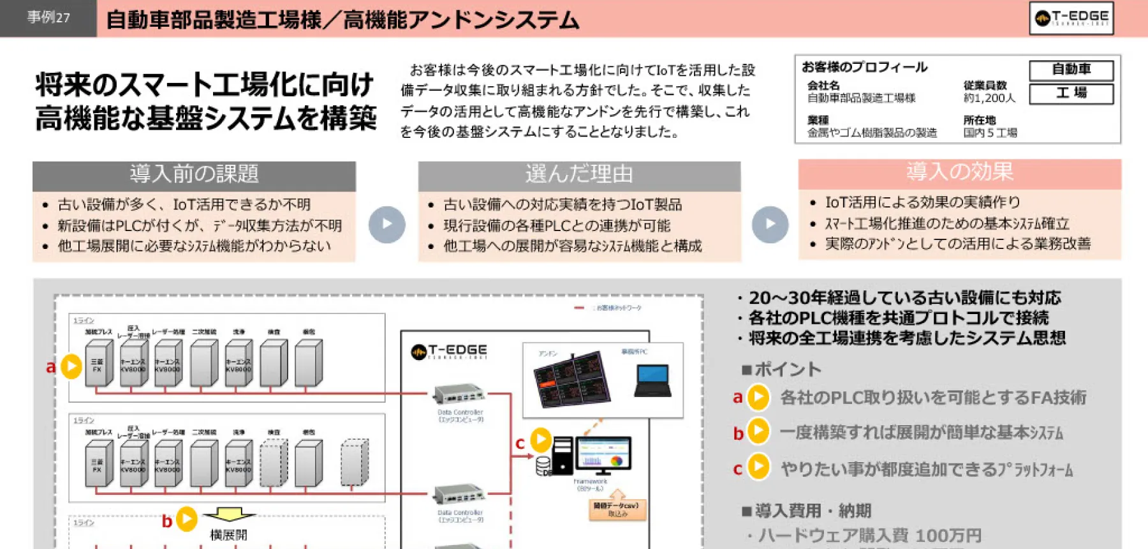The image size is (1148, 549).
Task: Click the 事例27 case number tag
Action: pos(48,18)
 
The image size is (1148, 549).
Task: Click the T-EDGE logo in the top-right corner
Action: pos(1071,18)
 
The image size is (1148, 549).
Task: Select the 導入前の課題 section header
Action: pos(194,174)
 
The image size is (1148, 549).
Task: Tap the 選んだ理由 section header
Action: pos(579,174)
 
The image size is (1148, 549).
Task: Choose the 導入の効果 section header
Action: pos(959,172)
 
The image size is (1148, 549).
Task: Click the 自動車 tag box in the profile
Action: pos(1071,69)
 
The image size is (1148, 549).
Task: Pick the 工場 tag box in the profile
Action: pos(1071,93)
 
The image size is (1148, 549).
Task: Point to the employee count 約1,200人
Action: pos(989,98)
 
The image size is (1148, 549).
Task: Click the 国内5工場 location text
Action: pos(990,133)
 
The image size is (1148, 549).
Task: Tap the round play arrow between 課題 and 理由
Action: pos(386,224)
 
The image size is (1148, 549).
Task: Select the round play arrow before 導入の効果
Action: pos(770,224)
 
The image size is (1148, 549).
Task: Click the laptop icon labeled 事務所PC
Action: pos(653,380)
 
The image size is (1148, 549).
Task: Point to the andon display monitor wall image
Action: pos(571,379)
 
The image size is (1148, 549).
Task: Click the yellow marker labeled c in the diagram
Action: pos(541,439)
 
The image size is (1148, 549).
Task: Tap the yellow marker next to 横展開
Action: pos(186,519)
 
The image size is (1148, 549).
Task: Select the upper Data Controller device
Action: pos(459,395)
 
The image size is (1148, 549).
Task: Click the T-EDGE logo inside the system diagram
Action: pos(450,351)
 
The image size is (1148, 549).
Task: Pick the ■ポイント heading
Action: pos(782,369)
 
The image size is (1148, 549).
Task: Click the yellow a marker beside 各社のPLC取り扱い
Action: pos(758,397)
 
